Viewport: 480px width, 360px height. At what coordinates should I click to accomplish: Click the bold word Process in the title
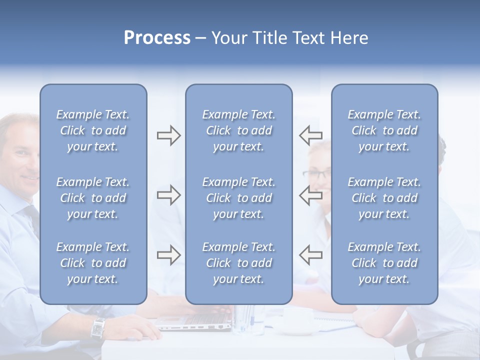157,38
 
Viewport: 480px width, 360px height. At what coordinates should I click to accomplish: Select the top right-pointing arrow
168,135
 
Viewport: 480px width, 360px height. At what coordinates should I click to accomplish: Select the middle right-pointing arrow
168,195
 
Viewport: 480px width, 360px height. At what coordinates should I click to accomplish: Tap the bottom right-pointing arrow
168,255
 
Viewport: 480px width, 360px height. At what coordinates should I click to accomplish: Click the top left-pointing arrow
310,135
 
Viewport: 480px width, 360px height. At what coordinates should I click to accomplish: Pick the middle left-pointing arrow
310,195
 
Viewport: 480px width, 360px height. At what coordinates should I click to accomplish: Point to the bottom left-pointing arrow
310,255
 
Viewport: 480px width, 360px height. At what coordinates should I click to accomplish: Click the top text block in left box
93,130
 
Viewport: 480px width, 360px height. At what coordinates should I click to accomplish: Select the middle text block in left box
93,198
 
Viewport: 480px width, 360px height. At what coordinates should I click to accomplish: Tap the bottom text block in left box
93,263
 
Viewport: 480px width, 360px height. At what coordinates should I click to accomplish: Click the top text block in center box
238,130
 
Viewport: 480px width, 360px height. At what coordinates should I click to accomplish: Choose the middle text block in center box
238,198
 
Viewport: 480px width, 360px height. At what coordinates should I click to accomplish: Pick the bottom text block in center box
238,263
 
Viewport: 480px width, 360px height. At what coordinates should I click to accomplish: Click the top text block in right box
384,130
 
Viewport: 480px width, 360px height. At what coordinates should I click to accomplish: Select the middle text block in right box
384,198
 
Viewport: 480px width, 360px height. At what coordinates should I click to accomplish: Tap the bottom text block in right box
384,263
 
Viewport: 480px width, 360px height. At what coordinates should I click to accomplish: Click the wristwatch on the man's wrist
98,328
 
